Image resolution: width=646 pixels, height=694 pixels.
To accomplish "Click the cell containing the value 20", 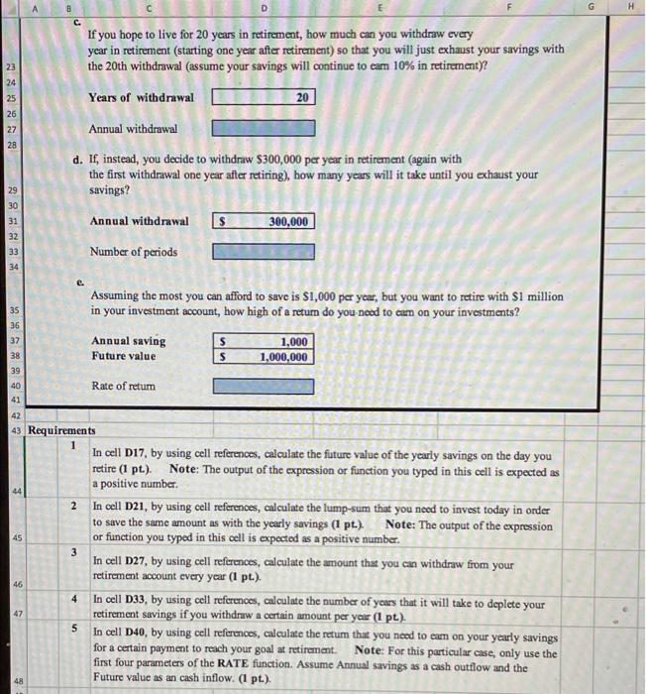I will tap(263, 98).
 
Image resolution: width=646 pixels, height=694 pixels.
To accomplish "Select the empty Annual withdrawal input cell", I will tap(263, 129).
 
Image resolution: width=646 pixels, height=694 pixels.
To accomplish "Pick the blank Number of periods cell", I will tap(263, 252).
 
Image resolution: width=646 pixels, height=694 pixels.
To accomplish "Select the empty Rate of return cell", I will tap(263, 386).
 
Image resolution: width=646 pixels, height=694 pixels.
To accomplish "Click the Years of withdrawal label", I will tap(141, 98).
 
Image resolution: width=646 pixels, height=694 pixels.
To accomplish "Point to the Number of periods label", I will tap(133, 252).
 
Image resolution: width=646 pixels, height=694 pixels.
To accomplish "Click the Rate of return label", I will tap(125, 386).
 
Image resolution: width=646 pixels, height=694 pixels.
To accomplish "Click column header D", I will tap(265, 7).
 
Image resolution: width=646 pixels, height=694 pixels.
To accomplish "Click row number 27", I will tap(13, 129).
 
